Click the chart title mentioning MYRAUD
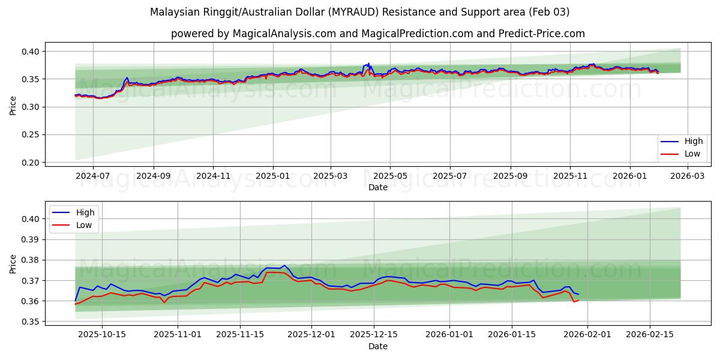360,12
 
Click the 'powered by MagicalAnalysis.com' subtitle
378,34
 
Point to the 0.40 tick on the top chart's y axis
31,52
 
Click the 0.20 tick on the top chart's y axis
31,163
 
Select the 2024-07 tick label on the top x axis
93,176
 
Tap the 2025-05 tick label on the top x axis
390,176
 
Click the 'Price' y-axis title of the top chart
13,105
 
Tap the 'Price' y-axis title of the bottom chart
13,264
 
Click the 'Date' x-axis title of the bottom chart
378,346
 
